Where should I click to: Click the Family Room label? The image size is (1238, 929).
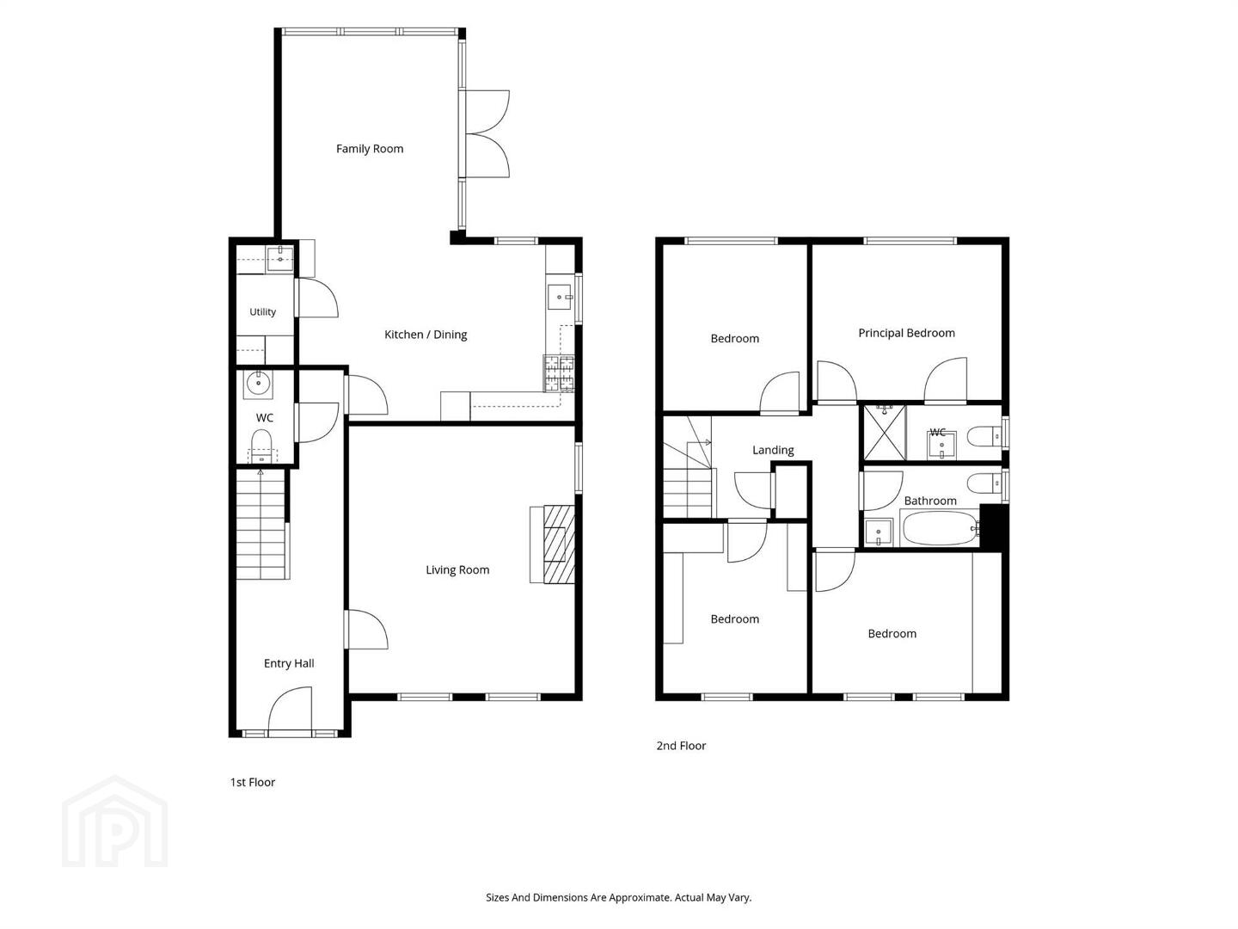pyautogui.click(x=370, y=149)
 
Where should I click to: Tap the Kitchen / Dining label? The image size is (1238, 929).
pyautogui.click(x=426, y=335)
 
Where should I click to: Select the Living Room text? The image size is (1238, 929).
pyautogui.click(x=457, y=569)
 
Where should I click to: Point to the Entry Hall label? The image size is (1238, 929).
pyautogui.click(x=289, y=663)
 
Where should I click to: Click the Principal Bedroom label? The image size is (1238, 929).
pyautogui.click(x=906, y=333)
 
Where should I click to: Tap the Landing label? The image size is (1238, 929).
pyautogui.click(x=773, y=450)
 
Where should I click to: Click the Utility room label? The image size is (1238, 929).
pyautogui.click(x=263, y=311)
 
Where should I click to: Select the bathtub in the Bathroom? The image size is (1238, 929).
pyautogui.click(x=941, y=528)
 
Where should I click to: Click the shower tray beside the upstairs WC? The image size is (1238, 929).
pyautogui.click(x=885, y=433)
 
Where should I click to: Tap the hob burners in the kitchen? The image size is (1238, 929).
pyautogui.click(x=559, y=372)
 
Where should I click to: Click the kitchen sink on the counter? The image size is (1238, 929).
pyautogui.click(x=560, y=298)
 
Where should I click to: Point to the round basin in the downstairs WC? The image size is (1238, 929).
pyautogui.click(x=259, y=384)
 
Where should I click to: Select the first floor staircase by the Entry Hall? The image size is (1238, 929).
pyautogui.click(x=261, y=525)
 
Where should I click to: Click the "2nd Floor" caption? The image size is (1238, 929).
pyautogui.click(x=681, y=746)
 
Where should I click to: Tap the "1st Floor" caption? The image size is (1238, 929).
pyautogui.click(x=253, y=783)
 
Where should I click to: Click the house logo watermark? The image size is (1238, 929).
pyautogui.click(x=115, y=821)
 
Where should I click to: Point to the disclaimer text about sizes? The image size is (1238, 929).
pyautogui.click(x=619, y=897)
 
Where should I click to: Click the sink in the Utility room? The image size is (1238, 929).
pyautogui.click(x=279, y=259)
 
